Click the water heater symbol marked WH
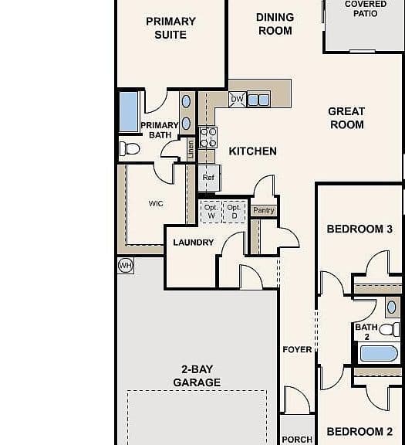pos(126,266)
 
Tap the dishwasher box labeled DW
pos(238,100)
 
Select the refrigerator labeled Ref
pos(209,178)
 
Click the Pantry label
pos(264,210)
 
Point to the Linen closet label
pos(191,149)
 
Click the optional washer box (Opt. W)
pos(211,212)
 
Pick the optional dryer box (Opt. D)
pos(234,212)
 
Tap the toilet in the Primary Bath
pos(130,148)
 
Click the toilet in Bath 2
pos(390,330)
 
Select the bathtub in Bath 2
pos(379,353)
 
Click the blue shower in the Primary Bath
pos(129,112)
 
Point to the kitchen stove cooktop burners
pos(208,138)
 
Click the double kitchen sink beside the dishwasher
pos(258,100)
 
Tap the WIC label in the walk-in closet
pos(156,203)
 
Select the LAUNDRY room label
pos(194,243)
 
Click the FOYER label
pos(297,350)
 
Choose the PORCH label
pos(297,440)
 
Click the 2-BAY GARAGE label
pos(197,375)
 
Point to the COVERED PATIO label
pos(366,8)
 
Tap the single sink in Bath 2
pos(391,307)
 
